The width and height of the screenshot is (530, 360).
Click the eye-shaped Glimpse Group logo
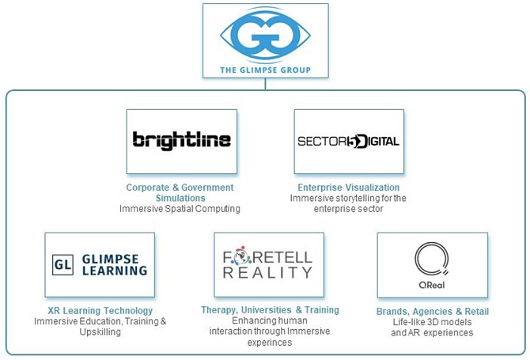point(265,35)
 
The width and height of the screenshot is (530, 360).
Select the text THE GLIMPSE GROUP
point(265,70)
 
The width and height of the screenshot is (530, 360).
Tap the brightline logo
point(182,141)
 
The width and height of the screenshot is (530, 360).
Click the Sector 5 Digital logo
point(348,142)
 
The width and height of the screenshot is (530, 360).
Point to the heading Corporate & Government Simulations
point(180,192)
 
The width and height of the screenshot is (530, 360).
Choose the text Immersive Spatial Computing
point(180,209)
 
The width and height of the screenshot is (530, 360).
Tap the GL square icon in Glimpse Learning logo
point(62,264)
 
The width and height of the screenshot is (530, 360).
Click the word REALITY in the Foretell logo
point(268,273)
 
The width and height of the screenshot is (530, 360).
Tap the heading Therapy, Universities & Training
point(270,310)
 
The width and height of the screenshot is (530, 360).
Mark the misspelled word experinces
point(270,343)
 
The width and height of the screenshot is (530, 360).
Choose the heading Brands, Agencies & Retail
point(432,312)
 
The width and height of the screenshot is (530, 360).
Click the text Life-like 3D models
point(432,322)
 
